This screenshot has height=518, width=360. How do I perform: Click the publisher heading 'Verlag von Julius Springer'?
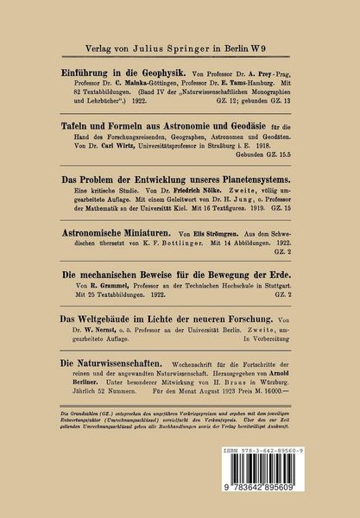point(180,39)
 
